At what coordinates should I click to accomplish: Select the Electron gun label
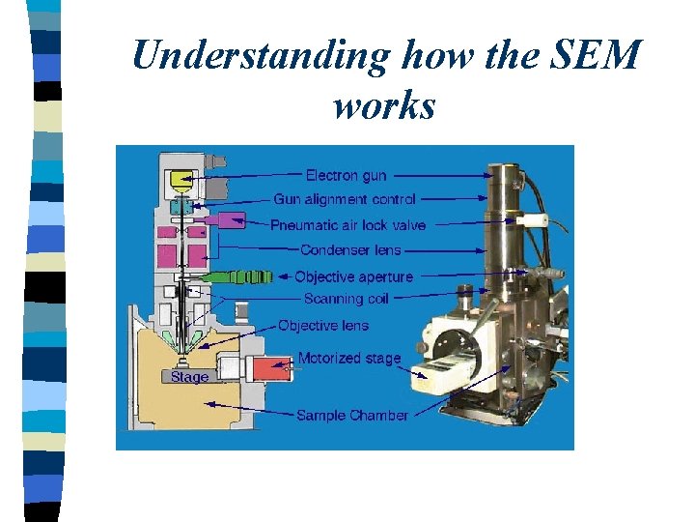click(x=346, y=175)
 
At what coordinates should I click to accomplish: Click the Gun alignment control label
click(x=345, y=199)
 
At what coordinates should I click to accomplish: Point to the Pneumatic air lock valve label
click(x=347, y=225)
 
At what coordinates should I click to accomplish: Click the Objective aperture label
click(x=353, y=276)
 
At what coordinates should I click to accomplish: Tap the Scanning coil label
click(x=346, y=299)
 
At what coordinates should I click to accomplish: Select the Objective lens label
click(x=322, y=326)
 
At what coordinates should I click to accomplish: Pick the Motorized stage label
click(x=348, y=358)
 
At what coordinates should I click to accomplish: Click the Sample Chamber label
click(x=351, y=415)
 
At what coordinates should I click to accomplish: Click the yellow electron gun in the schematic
click(x=182, y=181)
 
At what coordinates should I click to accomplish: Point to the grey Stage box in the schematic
click(x=189, y=377)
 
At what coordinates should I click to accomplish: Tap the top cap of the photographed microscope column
click(x=513, y=170)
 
